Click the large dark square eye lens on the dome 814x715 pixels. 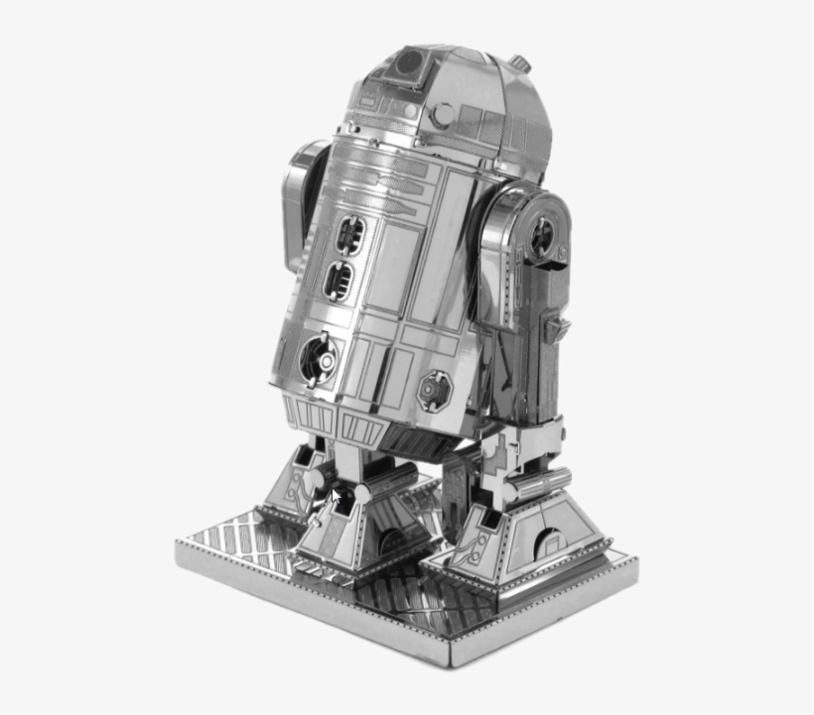408,64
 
